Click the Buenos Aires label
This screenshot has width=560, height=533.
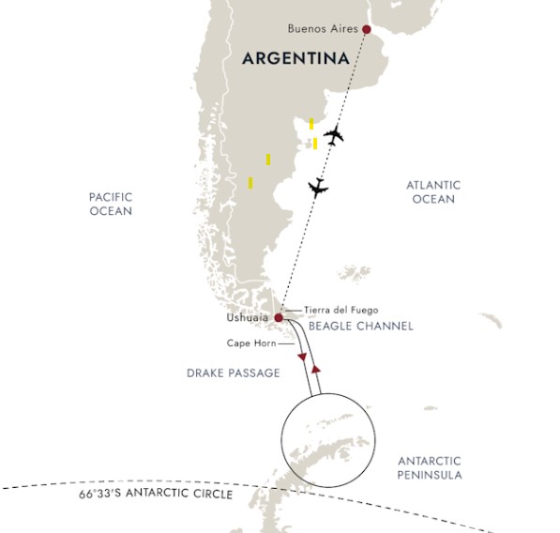point(324,30)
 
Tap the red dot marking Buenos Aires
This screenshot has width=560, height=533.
point(366,29)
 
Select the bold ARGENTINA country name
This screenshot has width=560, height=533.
point(295,58)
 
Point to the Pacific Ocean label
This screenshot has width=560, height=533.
point(111,204)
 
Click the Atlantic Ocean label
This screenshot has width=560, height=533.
point(432,192)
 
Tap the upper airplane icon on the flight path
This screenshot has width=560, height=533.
point(333,135)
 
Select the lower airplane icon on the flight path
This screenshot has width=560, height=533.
point(318,188)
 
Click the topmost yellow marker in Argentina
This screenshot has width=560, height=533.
point(311,123)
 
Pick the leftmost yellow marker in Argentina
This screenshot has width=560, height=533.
point(250,182)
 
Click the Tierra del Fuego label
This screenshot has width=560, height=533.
point(341,310)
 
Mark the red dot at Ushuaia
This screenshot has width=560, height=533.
point(279,318)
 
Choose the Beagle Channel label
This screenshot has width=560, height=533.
point(361,327)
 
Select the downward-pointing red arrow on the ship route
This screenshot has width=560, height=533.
point(302,358)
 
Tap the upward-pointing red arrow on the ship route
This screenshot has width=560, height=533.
point(317,371)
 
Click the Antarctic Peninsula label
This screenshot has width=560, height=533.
point(430,467)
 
